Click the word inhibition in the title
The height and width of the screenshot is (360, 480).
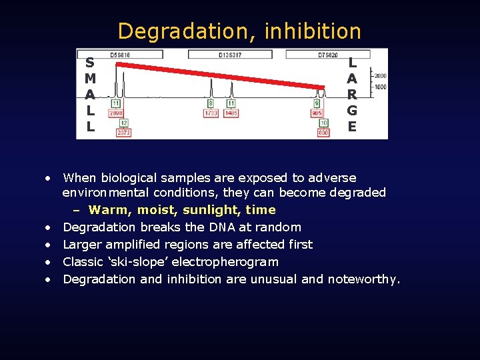[x=313, y=31]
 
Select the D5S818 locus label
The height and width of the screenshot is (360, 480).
[x=121, y=54]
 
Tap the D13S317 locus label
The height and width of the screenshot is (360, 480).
[x=230, y=54]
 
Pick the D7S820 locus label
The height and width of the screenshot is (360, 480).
[x=327, y=54]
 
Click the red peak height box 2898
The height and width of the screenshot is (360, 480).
[x=116, y=114]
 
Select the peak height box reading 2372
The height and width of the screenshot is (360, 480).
[x=123, y=133]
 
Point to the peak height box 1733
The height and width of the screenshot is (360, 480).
[x=211, y=114]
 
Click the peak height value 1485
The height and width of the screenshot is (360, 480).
[x=231, y=114]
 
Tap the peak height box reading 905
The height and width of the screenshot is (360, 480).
[x=317, y=114]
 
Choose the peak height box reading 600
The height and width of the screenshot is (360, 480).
[x=323, y=133]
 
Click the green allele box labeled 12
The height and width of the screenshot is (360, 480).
[x=124, y=123]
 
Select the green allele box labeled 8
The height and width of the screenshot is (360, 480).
[x=211, y=104]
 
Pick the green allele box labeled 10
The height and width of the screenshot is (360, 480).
[x=324, y=123]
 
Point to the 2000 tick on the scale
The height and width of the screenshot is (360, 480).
[x=379, y=76]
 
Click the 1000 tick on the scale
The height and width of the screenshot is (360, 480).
[x=379, y=87]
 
